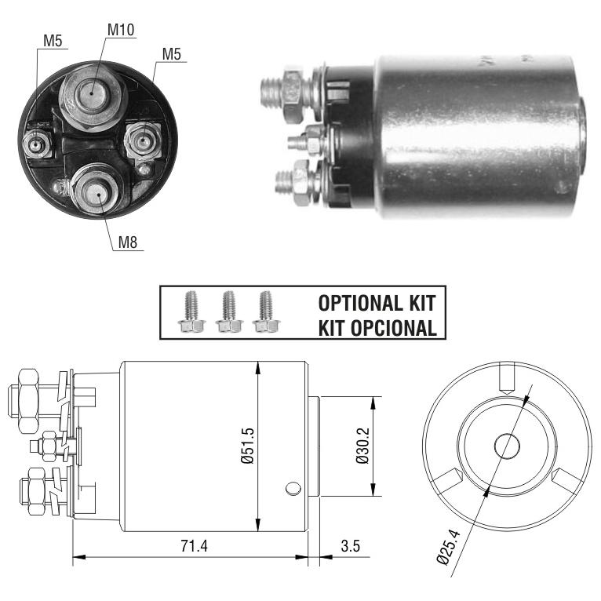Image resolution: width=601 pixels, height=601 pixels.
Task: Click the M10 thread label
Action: [121, 30]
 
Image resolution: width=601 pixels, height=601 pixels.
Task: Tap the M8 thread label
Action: [128, 242]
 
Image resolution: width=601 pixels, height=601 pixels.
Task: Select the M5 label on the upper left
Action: [53, 41]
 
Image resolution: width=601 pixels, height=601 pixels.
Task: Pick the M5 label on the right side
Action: [171, 54]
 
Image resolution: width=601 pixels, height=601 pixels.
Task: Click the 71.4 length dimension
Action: [194, 546]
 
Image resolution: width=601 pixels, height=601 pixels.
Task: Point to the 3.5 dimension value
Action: [351, 546]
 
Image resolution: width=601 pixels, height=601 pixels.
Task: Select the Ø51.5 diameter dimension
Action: [248, 446]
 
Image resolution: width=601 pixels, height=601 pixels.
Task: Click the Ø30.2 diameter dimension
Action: [362, 446]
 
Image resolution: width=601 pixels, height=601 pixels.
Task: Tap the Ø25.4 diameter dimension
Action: [449, 546]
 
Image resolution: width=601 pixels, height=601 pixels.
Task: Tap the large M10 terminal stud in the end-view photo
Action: [92, 97]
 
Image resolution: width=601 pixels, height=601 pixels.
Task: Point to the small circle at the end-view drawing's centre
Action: [507, 446]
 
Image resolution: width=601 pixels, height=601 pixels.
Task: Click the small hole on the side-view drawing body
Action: [293, 488]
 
